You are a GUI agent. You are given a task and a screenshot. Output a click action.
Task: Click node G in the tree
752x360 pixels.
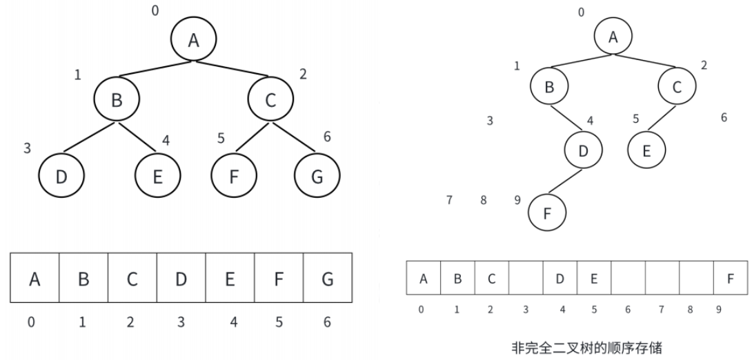click(x=316, y=176)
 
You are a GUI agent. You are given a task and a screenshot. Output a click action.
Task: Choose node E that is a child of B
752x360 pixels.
click(x=156, y=176)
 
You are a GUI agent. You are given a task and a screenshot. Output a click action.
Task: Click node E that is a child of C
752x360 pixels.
click(x=646, y=150)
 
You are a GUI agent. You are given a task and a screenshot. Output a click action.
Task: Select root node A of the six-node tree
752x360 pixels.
click(x=613, y=37)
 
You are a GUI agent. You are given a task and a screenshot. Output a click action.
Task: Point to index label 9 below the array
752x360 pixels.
click(x=718, y=310)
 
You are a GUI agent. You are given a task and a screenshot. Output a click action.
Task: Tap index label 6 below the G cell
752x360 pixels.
click(x=327, y=321)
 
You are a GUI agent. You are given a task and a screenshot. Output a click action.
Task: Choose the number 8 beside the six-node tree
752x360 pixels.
click(x=484, y=201)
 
